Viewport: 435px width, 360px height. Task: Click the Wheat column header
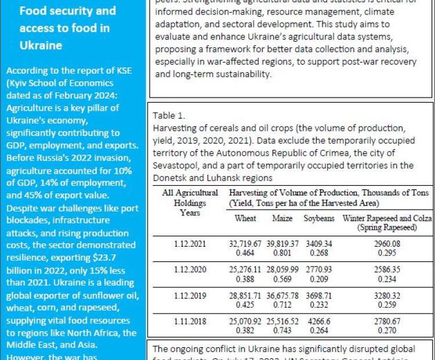(245, 219)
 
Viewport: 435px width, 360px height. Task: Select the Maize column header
(282, 219)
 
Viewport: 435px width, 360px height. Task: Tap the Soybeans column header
(319, 219)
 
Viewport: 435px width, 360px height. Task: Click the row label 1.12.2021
(190, 244)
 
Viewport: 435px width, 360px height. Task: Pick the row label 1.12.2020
(190, 270)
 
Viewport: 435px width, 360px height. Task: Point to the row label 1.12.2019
(190, 296)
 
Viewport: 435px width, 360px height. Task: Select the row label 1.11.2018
(190, 321)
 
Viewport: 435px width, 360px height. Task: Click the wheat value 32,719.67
(245, 244)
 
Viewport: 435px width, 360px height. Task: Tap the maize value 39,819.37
(282, 244)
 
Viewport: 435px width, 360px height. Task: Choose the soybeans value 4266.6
(319, 321)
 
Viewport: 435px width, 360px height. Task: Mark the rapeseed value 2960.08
(387, 244)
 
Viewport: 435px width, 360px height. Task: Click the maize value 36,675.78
(282, 296)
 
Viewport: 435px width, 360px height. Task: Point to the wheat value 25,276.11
(245, 270)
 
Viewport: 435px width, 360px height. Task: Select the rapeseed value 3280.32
(387, 296)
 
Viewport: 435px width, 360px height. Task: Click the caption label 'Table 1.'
(168, 116)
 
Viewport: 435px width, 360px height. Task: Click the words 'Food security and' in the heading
(67, 11)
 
